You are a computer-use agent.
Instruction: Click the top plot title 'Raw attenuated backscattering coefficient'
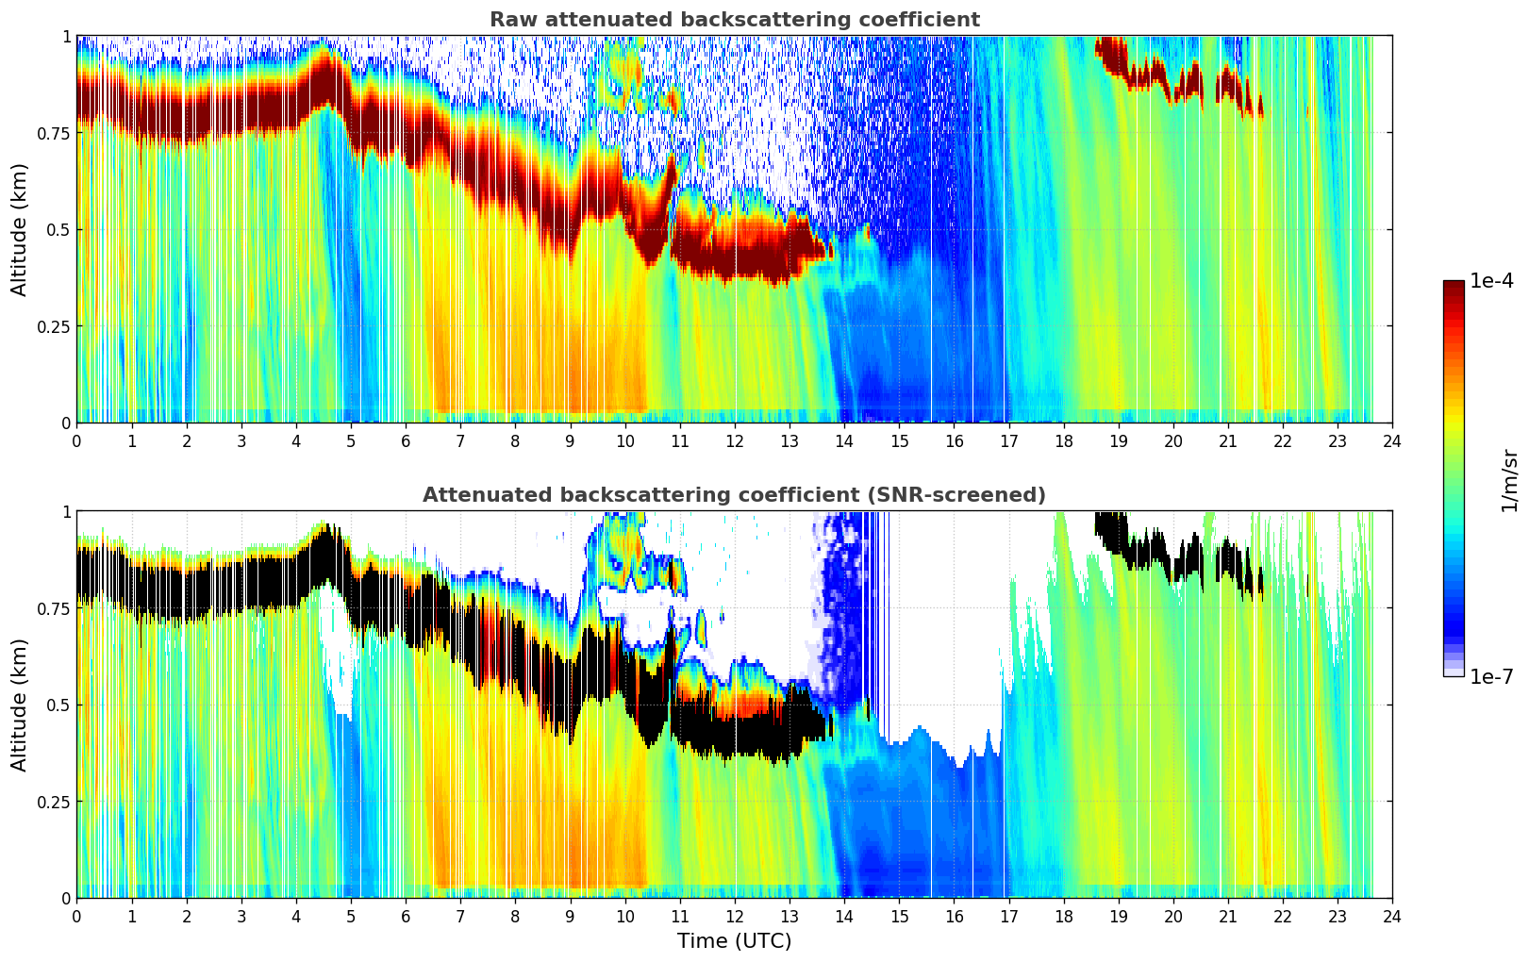point(734,20)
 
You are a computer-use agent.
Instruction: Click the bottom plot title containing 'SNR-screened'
point(734,495)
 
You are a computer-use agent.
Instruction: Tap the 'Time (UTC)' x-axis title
point(734,941)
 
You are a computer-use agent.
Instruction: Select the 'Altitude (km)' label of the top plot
point(20,229)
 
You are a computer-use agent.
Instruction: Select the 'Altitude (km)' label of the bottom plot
point(20,705)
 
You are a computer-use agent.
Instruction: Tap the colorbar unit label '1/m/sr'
point(1509,479)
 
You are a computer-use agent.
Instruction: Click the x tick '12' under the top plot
point(734,440)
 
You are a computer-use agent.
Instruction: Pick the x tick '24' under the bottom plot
point(1392,916)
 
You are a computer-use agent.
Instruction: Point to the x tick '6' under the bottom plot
point(406,916)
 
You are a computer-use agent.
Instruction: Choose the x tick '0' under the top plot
point(76,440)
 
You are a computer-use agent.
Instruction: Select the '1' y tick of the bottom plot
point(66,511)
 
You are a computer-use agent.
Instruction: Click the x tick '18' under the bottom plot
point(1063,916)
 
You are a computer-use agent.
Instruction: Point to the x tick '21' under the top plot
point(1227,440)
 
